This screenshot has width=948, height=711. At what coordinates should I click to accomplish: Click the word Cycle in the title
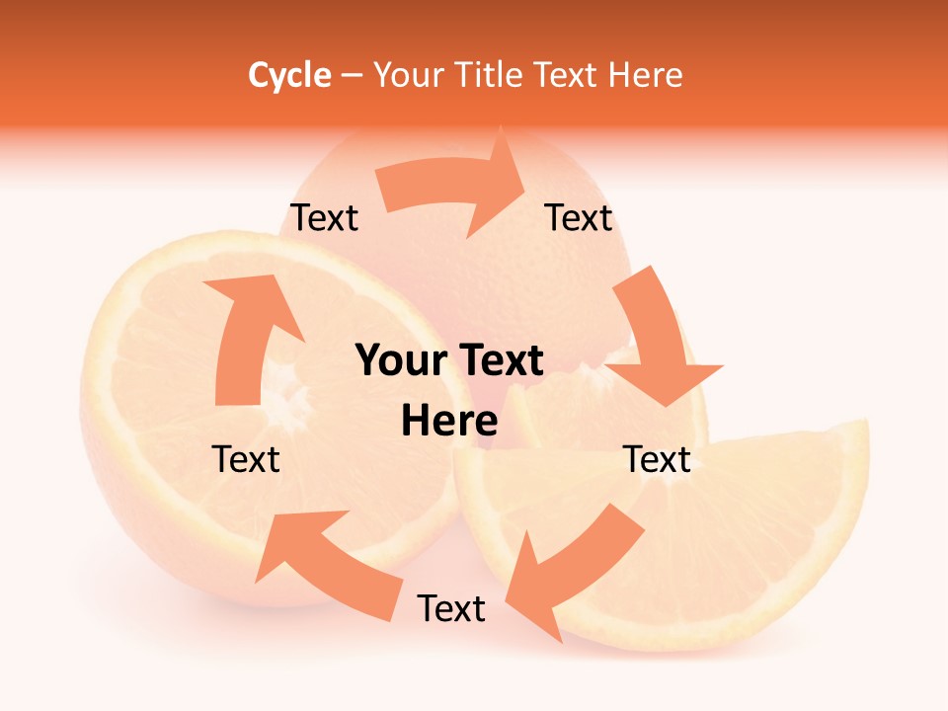click(x=289, y=75)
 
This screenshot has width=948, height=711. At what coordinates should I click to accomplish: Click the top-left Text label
click(x=324, y=217)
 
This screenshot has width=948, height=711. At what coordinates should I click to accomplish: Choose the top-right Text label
click(x=579, y=217)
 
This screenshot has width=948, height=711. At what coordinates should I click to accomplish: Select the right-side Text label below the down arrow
click(x=657, y=459)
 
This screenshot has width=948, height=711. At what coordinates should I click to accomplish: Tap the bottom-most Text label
click(x=451, y=608)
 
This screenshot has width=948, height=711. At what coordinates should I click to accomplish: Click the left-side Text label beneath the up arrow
click(x=246, y=459)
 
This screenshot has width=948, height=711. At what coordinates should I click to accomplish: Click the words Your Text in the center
click(x=449, y=361)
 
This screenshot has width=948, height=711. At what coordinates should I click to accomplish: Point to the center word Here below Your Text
click(x=449, y=422)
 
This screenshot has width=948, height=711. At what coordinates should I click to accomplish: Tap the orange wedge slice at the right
click(x=750, y=533)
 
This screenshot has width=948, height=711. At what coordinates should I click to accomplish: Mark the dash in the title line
click(x=351, y=75)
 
